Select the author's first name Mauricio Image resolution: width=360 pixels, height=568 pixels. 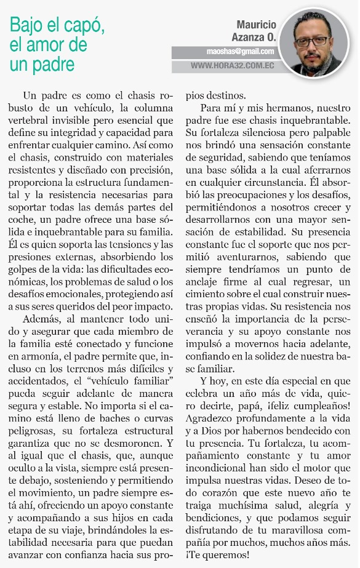pos(257,25)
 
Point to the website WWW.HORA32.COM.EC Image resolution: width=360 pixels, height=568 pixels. pos(232,65)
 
